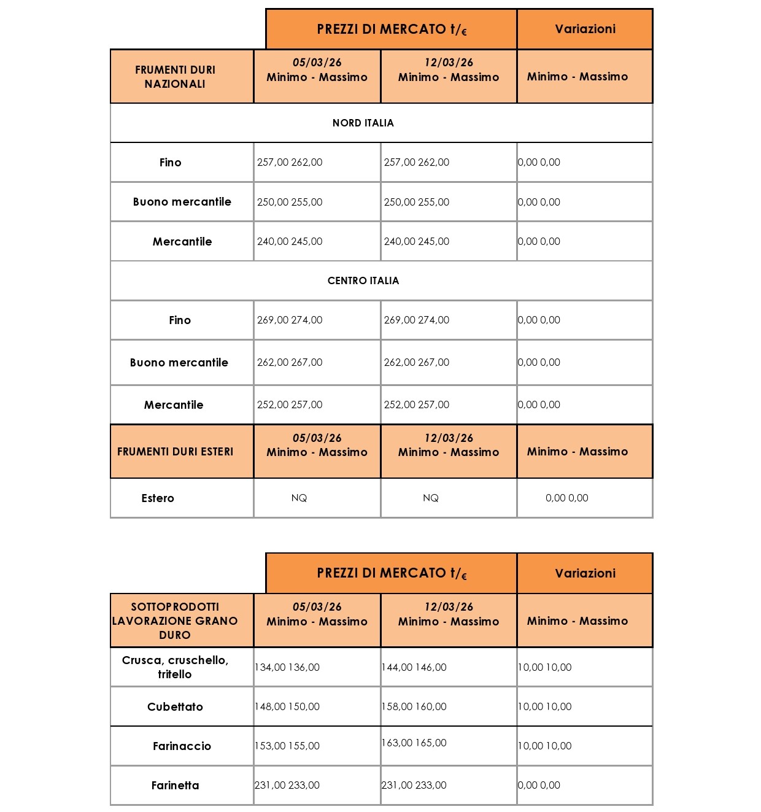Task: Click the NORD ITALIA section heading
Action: [363, 123]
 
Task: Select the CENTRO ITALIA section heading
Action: [363, 280]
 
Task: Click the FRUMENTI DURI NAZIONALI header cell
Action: [175, 77]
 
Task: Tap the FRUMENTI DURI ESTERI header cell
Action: [175, 452]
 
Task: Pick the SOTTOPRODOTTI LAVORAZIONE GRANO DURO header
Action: [175, 621]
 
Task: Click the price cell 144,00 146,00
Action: [414, 667]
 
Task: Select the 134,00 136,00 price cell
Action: [287, 667]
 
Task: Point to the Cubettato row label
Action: [175, 706]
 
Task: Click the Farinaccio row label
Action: [182, 746]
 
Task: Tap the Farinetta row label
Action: [175, 785]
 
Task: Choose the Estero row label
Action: [158, 498]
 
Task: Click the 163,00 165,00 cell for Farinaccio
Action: [414, 743]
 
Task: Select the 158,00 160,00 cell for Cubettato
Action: [414, 706]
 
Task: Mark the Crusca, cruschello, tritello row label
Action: [175, 667]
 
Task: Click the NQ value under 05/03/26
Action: [299, 498]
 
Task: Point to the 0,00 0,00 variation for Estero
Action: [566, 498]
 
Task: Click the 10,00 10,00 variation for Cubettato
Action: [545, 706]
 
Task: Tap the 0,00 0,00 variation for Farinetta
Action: [539, 785]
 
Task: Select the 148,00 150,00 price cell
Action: [287, 706]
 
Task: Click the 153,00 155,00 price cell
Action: [287, 746]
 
